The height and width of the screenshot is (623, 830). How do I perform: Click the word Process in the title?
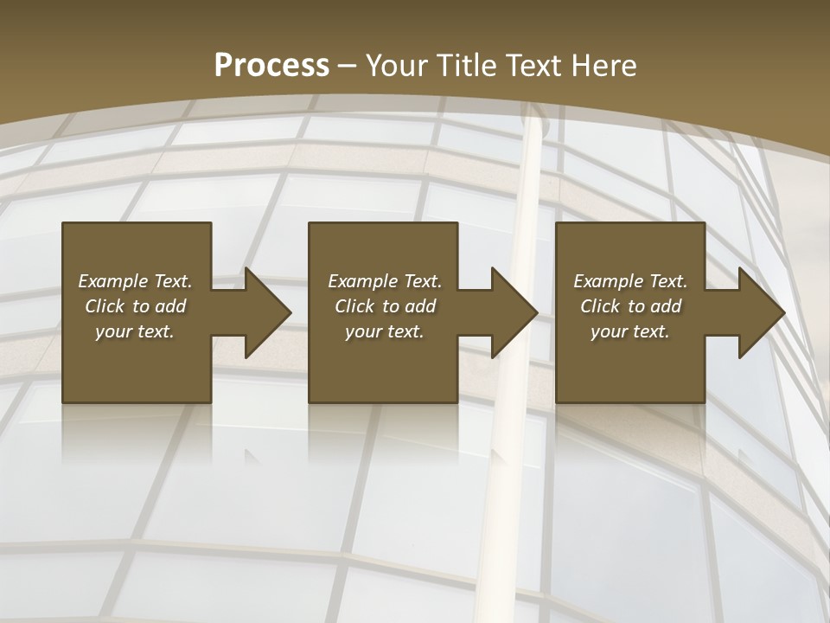coord(271,66)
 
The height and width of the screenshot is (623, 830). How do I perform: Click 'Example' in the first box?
coord(113,281)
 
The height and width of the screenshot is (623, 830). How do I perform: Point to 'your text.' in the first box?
coord(135,331)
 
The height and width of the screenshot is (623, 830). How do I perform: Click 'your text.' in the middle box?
coord(385,331)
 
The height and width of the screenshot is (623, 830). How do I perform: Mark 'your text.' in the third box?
coord(630,331)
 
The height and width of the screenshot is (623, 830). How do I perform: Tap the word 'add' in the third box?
coord(666,306)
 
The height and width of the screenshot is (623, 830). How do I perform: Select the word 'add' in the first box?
coord(170,306)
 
